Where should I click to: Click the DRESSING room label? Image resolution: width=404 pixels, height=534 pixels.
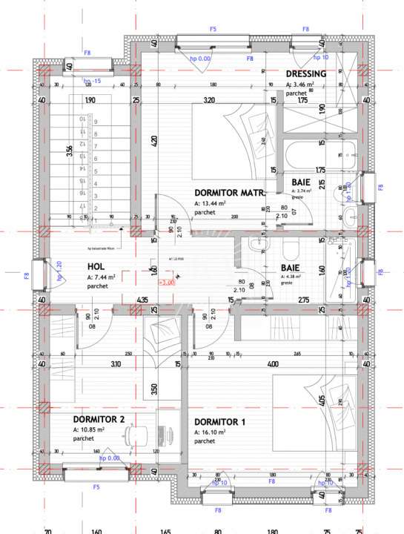pyautogui.click(x=306, y=74)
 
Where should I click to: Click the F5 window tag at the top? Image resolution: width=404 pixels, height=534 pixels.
pyautogui.click(x=213, y=29)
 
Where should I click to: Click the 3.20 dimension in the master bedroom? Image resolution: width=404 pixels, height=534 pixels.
pyautogui.click(x=209, y=100)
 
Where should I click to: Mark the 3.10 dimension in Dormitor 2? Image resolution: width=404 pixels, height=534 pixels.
pyautogui.click(x=116, y=364)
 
